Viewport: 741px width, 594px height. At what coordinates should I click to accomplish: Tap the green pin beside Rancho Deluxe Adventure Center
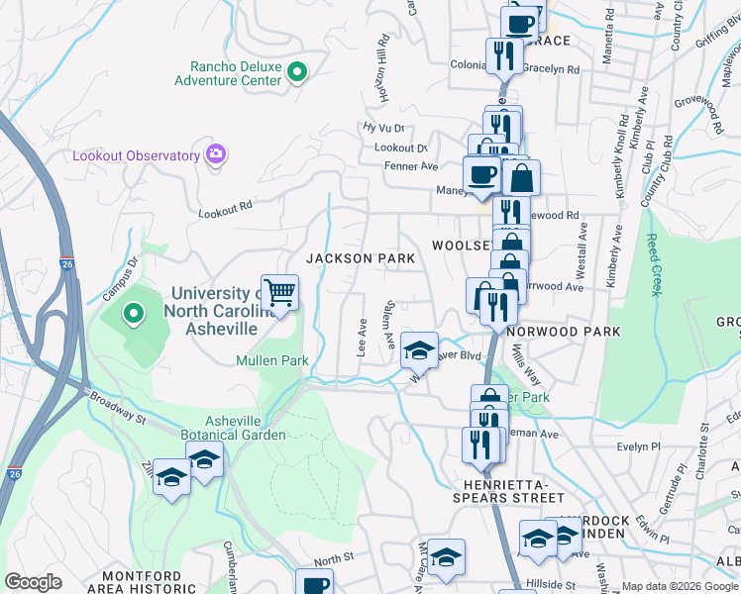point(296,71)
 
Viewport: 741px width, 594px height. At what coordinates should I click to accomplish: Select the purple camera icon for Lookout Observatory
point(215,154)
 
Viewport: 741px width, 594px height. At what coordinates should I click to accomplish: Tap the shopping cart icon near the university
point(280,292)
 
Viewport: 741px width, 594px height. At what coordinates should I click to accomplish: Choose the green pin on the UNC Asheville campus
point(134,315)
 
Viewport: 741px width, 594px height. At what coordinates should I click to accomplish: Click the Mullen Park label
point(267,360)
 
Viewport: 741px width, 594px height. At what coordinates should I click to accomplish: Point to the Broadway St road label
point(118,408)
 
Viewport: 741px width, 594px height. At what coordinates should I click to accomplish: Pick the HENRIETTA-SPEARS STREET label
point(512,490)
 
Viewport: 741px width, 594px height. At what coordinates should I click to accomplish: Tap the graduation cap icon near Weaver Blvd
point(420,349)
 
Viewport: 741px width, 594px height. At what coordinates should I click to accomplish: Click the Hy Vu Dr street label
point(384,128)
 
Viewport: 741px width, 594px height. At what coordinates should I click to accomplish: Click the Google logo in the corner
point(33,582)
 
